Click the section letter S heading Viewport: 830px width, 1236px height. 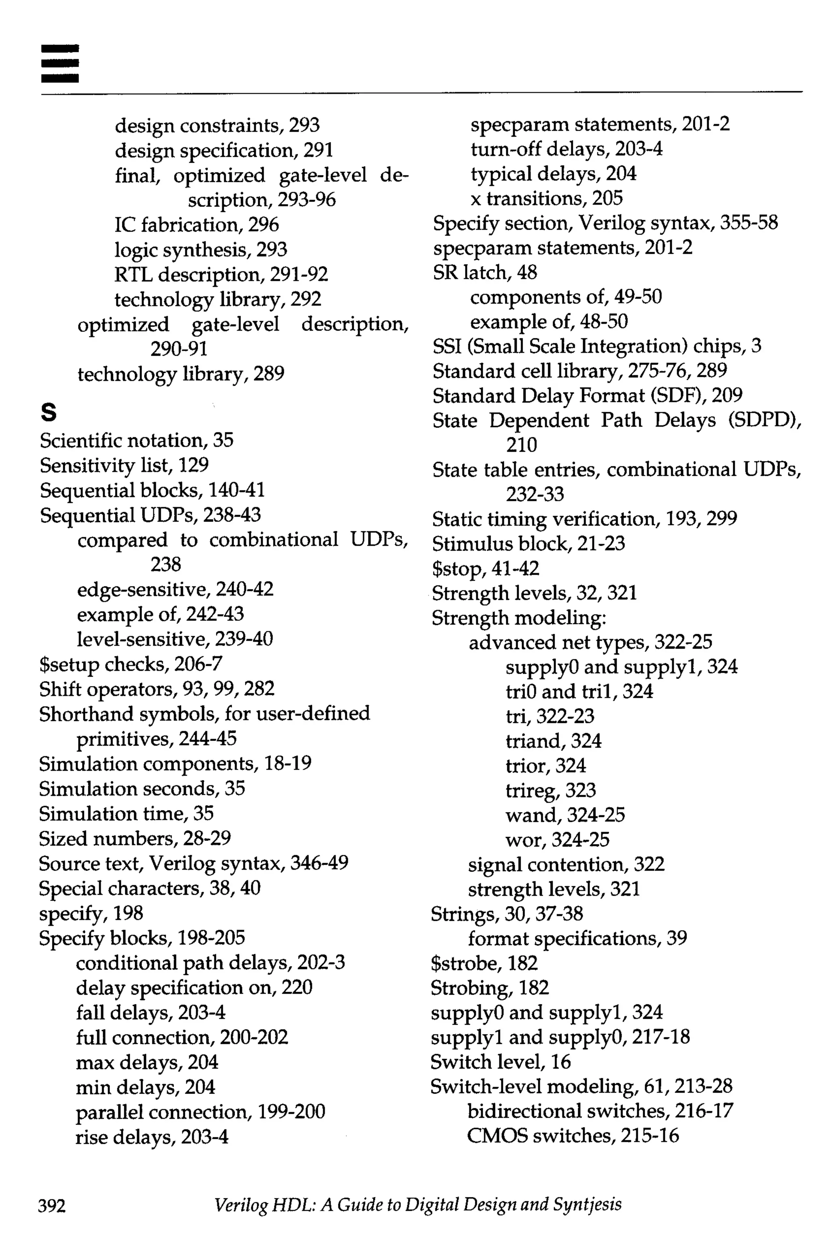tap(48, 413)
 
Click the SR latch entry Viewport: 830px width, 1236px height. tap(484, 273)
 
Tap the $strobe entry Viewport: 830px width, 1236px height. tap(484, 963)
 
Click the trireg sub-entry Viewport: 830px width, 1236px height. tap(550, 790)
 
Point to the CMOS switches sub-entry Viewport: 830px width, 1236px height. tap(572, 1135)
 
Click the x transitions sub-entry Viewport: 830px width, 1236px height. tap(546, 199)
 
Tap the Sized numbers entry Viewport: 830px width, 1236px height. tap(135, 838)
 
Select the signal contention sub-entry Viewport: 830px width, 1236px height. tap(566, 864)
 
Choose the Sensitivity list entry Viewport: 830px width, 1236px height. tap(124, 465)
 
